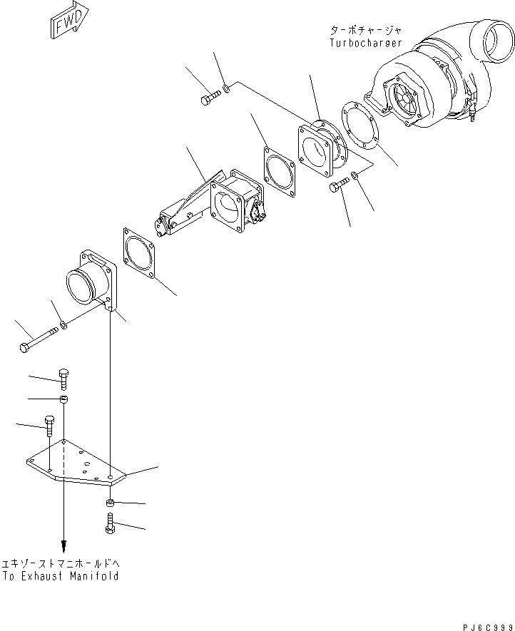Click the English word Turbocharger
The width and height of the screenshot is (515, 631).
pos(365,43)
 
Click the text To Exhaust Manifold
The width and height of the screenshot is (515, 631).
pos(61,575)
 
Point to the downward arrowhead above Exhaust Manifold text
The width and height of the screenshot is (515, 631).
pos(64,547)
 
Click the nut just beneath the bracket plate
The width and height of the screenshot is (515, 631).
pos(111,504)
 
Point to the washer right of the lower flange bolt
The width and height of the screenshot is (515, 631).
pos(356,177)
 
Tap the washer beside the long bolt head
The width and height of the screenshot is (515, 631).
pos(65,326)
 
